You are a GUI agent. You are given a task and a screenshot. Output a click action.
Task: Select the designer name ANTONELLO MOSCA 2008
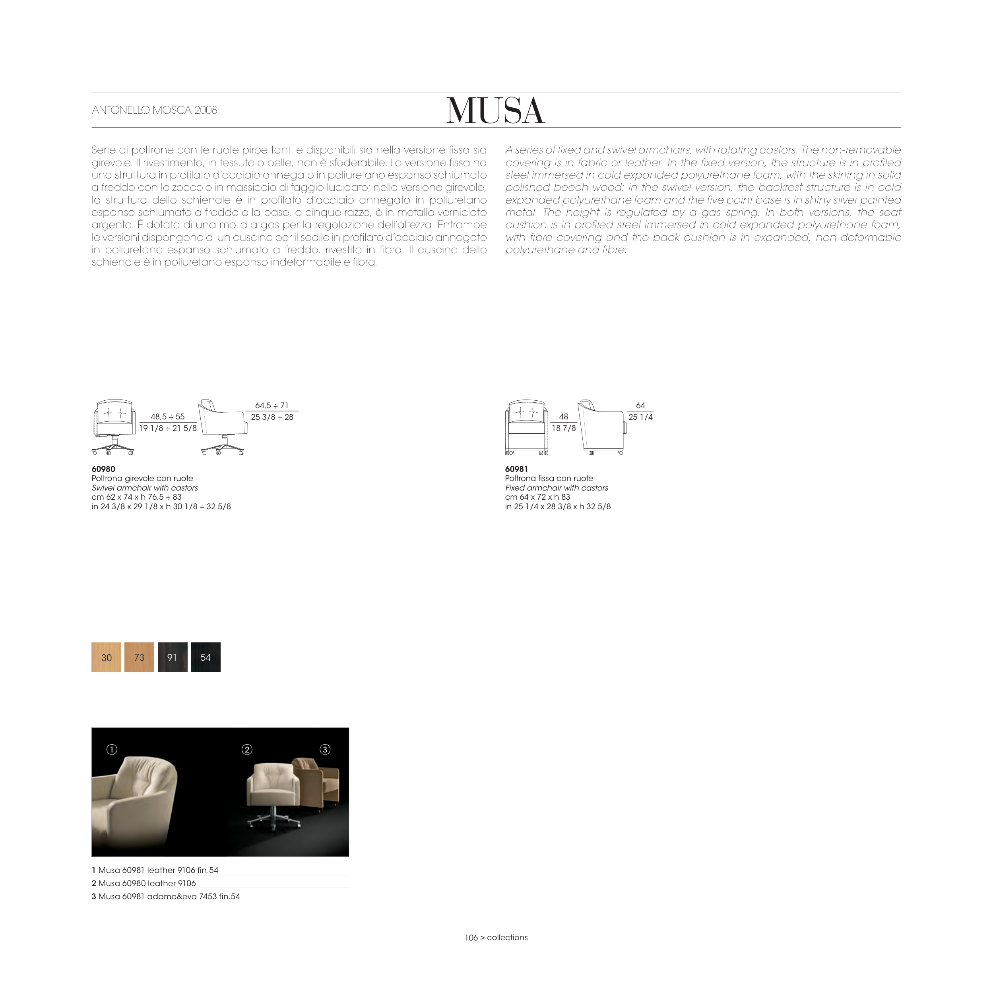(x=154, y=110)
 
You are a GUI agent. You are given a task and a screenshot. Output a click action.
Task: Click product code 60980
(x=103, y=469)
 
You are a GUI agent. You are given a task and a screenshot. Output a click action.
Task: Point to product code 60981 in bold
(x=516, y=469)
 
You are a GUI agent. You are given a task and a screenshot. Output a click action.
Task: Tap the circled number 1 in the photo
(x=112, y=749)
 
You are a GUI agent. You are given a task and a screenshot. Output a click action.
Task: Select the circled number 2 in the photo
(x=247, y=749)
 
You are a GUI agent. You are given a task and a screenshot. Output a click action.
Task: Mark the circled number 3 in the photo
(x=325, y=749)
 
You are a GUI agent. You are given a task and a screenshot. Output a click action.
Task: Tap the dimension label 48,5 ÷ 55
(x=168, y=417)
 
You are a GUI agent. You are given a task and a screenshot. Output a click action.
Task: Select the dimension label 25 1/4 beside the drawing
(x=640, y=417)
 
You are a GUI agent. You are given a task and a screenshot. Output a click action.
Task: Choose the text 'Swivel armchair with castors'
(x=144, y=488)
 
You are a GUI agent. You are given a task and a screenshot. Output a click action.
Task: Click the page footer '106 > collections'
(x=496, y=937)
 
